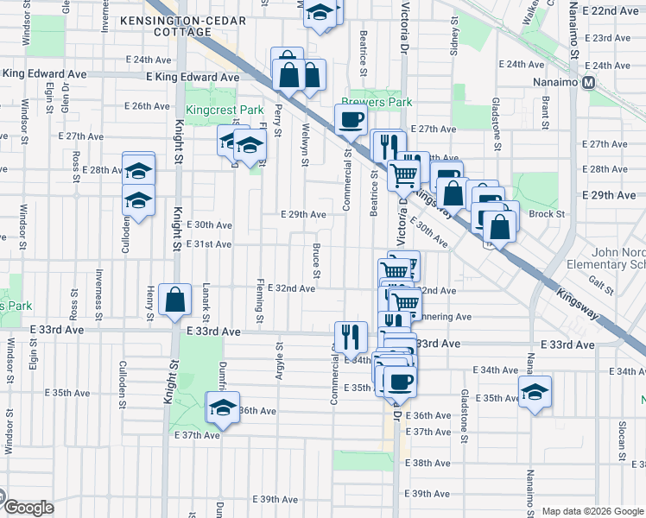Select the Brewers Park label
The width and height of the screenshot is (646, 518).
(x=376, y=102)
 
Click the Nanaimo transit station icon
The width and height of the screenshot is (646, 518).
(x=589, y=83)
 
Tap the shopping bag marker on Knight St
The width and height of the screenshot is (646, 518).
(x=175, y=300)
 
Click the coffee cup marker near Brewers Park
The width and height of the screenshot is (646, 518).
(x=351, y=119)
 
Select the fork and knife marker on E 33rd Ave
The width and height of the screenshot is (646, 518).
(x=351, y=337)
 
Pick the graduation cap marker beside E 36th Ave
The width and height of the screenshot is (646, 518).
(x=223, y=407)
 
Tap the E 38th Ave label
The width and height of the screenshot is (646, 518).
(x=432, y=463)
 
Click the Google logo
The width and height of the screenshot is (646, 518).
(x=28, y=508)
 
